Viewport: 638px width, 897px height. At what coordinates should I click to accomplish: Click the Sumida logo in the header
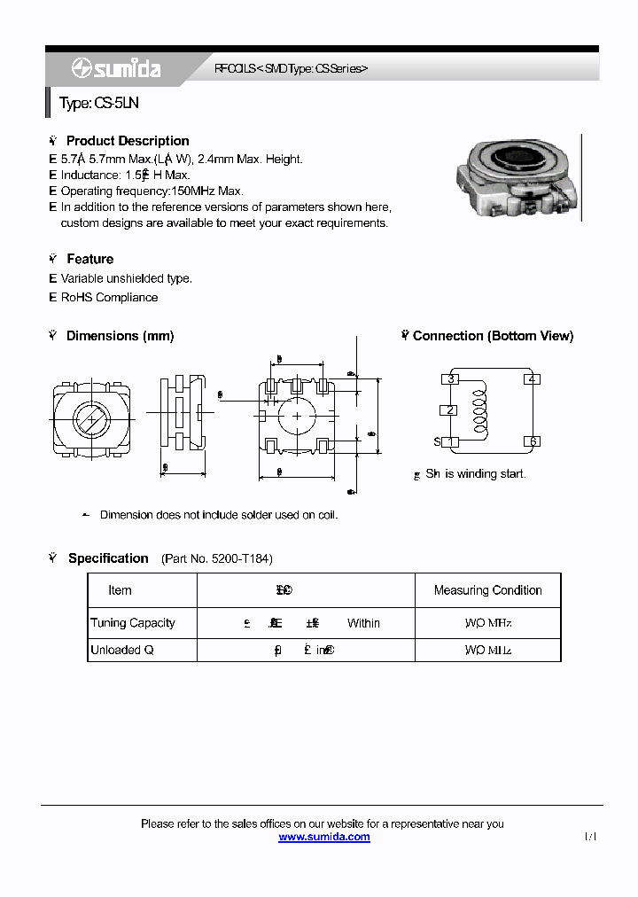tap(116, 68)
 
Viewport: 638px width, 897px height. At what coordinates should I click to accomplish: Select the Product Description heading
tap(127, 141)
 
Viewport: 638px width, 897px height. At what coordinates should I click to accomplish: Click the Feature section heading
tap(89, 259)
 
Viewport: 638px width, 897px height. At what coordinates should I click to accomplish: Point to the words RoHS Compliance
tap(109, 298)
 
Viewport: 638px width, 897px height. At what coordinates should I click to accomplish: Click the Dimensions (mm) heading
tap(120, 336)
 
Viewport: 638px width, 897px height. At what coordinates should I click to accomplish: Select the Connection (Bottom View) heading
tap(493, 336)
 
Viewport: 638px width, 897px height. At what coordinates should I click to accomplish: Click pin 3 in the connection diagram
tap(451, 379)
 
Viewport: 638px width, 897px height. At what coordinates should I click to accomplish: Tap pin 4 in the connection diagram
tap(532, 379)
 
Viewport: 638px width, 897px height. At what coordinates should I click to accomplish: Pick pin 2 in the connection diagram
tap(450, 409)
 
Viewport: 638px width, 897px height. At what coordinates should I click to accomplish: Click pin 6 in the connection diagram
tap(532, 441)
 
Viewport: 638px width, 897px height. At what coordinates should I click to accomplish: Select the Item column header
tap(120, 590)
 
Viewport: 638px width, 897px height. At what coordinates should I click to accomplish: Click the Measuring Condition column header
tap(487, 590)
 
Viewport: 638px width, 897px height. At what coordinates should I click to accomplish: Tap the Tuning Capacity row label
tap(133, 623)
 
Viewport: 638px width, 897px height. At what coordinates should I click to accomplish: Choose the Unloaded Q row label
tap(122, 650)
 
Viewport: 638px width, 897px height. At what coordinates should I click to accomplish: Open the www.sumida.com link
tap(324, 837)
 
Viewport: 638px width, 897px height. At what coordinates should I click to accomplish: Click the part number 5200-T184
tap(241, 559)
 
